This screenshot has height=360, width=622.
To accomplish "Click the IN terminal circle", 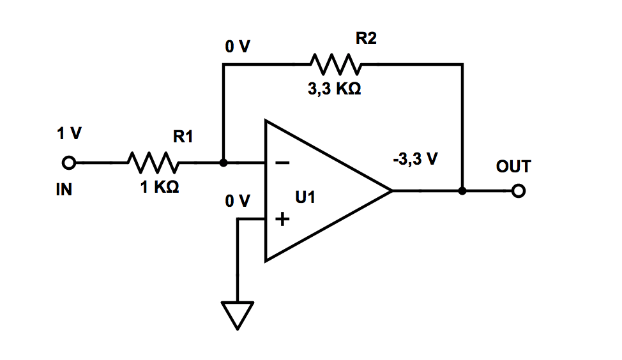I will tap(69, 163).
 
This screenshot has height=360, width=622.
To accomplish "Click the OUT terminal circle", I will tap(519, 191).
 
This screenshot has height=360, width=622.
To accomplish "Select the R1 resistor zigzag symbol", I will tap(154, 163).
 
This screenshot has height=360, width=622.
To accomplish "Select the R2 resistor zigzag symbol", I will tap(335, 64).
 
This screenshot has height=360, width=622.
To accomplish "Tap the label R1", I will tap(183, 137).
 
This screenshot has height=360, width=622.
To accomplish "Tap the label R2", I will tap(366, 39).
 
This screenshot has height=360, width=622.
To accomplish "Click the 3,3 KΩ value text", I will tap(335, 90).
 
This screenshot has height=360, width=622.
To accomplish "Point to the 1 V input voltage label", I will tap(69, 135).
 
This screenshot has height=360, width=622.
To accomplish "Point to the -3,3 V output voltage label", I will tap(415, 160).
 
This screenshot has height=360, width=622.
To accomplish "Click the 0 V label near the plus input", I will tap(237, 202).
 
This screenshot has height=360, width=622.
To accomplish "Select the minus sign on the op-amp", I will tap(282, 163).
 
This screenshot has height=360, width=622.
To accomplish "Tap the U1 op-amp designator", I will tap(305, 198).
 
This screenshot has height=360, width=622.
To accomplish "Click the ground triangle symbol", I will tap(238, 315).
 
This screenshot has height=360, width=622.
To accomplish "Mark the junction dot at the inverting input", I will tap(223, 163).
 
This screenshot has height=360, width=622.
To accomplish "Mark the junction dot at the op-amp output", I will tap(462, 191).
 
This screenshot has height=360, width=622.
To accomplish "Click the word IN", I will tap(66, 190).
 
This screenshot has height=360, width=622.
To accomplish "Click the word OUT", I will tap(513, 167).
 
